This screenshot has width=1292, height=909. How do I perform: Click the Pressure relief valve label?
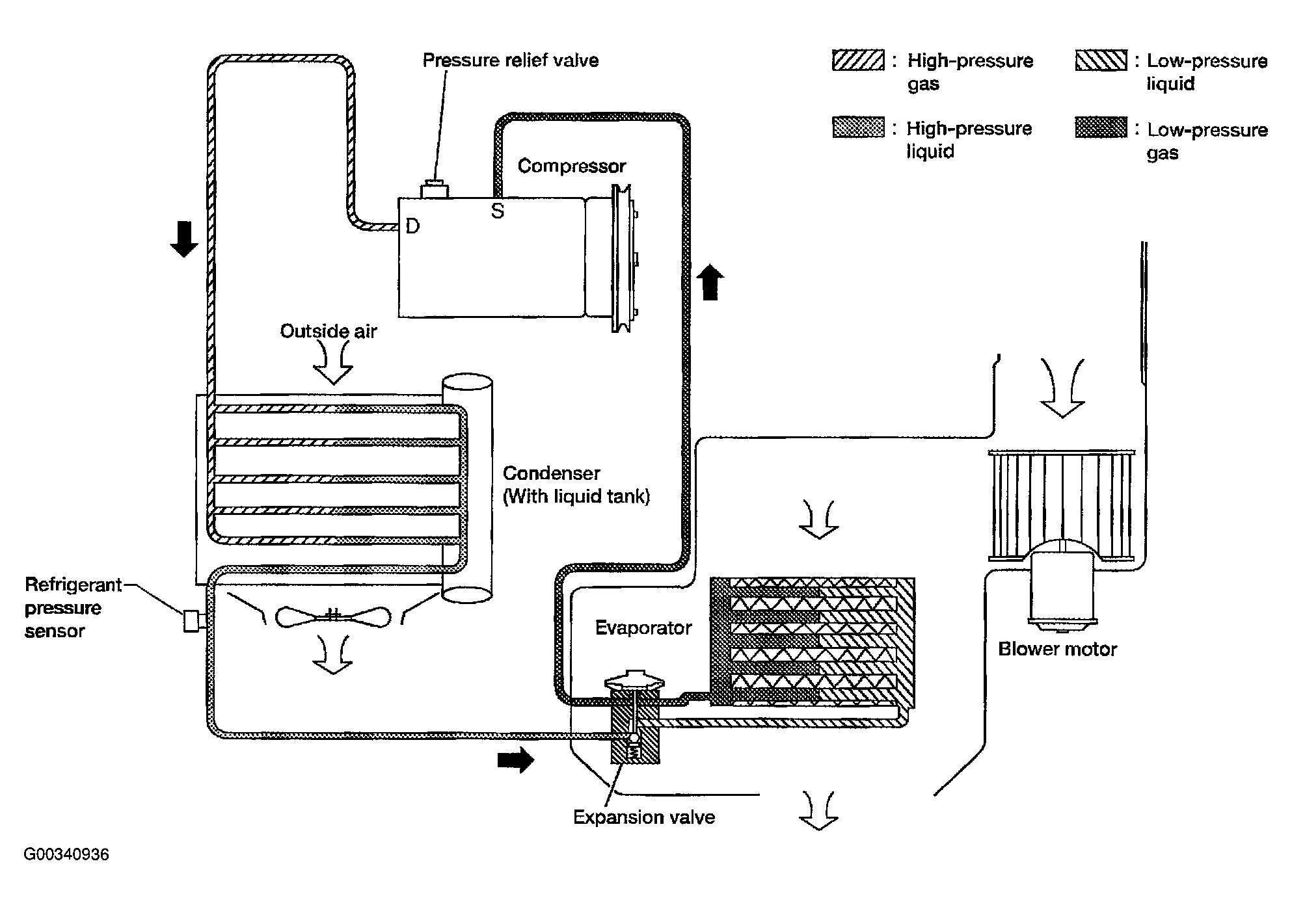point(511,60)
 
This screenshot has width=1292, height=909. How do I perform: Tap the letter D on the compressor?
point(412,226)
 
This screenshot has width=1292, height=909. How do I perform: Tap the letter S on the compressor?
point(498,211)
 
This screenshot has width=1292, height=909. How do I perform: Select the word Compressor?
point(572,166)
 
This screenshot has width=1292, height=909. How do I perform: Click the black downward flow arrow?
point(184,239)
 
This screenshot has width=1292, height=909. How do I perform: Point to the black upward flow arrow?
point(710,282)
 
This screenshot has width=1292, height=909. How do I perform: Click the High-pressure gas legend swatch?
point(858,60)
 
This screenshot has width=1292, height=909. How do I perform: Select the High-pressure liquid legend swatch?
point(858,127)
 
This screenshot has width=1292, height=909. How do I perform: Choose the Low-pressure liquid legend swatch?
point(1101,60)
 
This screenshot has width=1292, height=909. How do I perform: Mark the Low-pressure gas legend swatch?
point(1101,127)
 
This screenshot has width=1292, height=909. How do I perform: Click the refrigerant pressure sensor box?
point(191,621)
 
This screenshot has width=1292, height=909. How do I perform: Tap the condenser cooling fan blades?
point(333,616)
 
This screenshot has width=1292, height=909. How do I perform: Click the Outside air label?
point(329,332)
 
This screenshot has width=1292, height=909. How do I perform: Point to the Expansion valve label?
point(644,817)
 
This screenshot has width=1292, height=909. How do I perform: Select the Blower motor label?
point(1057,649)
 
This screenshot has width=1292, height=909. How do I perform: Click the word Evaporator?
point(643,628)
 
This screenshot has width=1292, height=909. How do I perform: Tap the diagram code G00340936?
point(66,854)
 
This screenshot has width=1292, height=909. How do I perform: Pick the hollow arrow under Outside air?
point(333,364)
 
